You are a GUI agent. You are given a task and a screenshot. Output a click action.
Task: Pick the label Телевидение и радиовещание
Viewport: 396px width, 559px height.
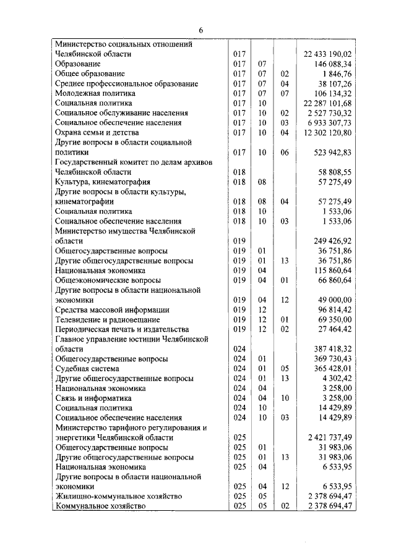(108, 319)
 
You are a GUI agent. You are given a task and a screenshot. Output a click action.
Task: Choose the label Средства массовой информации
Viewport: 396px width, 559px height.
(112, 309)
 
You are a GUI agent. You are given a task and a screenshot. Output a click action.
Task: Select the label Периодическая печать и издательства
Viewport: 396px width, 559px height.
(121, 329)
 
